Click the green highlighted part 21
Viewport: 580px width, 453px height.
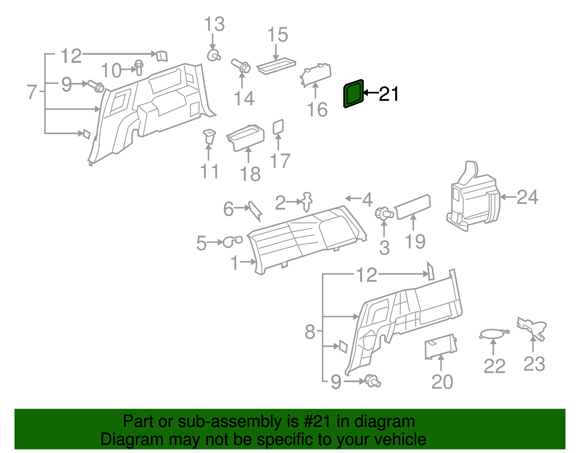click(353, 94)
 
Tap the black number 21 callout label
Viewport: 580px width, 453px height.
click(389, 94)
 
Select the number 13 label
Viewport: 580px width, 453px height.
click(214, 25)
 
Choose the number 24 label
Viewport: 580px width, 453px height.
click(527, 197)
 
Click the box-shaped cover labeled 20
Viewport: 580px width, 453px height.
click(440, 346)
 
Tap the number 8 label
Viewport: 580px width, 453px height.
click(310, 331)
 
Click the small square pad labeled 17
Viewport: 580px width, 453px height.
click(278, 127)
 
